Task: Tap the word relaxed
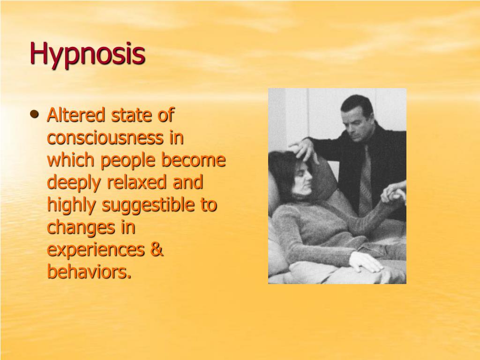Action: [132, 182]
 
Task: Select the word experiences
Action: [95, 250]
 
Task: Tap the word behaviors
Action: [88, 271]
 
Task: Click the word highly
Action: [72, 205]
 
